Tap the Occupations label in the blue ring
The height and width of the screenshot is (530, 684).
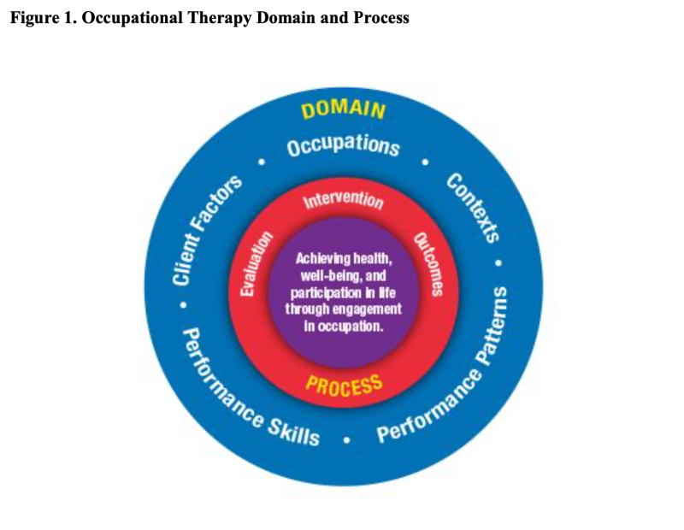pyautogui.click(x=344, y=145)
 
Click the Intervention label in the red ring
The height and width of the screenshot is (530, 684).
pyautogui.click(x=344, y=200)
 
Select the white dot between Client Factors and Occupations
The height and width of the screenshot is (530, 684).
pyautogui.click(x=262, y=160)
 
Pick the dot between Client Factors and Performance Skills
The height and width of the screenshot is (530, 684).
pyautogui.click(x=181, y=303)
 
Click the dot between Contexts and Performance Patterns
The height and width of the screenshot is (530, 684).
pyautogui.click(x=500, y=262)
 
